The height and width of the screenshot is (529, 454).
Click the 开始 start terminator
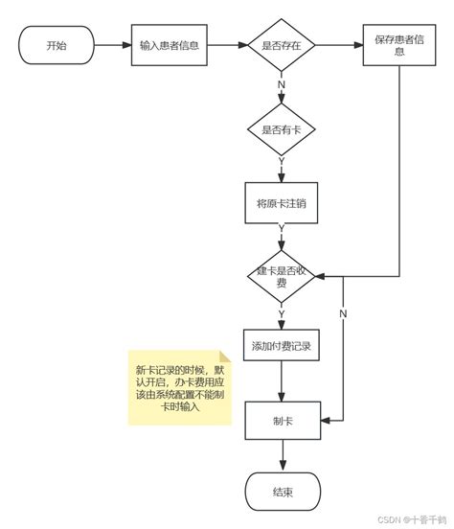point(57,44)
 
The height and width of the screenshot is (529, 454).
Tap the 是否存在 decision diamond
point(282,44)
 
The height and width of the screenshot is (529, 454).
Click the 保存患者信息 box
point(395,45)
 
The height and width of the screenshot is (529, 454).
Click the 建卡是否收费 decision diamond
point(282,276)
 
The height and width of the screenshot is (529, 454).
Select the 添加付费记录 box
point(282,345)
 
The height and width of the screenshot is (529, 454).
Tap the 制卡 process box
point(282,420)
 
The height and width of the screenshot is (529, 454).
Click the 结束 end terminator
point(282,493)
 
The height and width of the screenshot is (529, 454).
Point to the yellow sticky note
point(180,385)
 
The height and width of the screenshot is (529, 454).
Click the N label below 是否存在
point(282,85)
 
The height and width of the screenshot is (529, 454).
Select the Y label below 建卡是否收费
point(282,312)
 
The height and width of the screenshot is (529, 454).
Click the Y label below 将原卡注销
point(282,229)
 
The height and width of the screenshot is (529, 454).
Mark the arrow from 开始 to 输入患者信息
point(112,44)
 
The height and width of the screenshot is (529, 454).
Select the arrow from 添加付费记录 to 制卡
point(282,381)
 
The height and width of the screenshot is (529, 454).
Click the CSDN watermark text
point(406,518)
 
